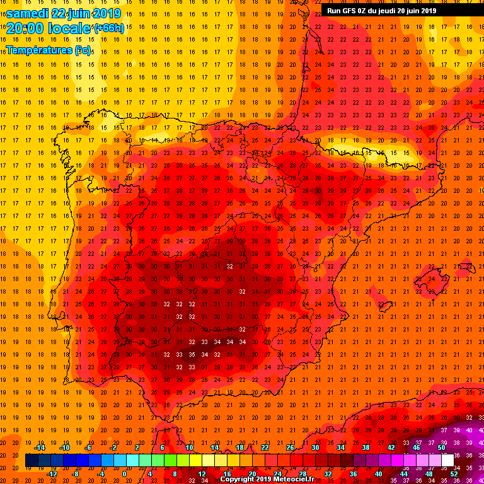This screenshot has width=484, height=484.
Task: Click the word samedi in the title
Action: [28, 13]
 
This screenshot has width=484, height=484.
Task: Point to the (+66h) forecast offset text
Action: [109, 28]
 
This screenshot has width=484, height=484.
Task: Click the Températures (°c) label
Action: [49, 49]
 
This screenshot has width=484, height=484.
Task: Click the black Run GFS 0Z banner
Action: [382, 10]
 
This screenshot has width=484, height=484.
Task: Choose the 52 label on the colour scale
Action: [454, 474]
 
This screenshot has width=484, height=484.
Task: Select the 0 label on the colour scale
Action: [124, 474]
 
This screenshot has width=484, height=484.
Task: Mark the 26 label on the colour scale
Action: [290, 447]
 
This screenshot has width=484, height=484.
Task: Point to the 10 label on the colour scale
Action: [189, 447]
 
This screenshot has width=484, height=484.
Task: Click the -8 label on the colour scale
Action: [76, 474]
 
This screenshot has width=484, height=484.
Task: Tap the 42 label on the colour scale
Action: [391, 447]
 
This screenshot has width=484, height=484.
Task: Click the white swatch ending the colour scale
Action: [447, 461]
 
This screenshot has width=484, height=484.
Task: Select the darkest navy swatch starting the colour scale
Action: [32, 461]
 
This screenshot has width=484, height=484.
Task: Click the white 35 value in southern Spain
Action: [192, 355]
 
